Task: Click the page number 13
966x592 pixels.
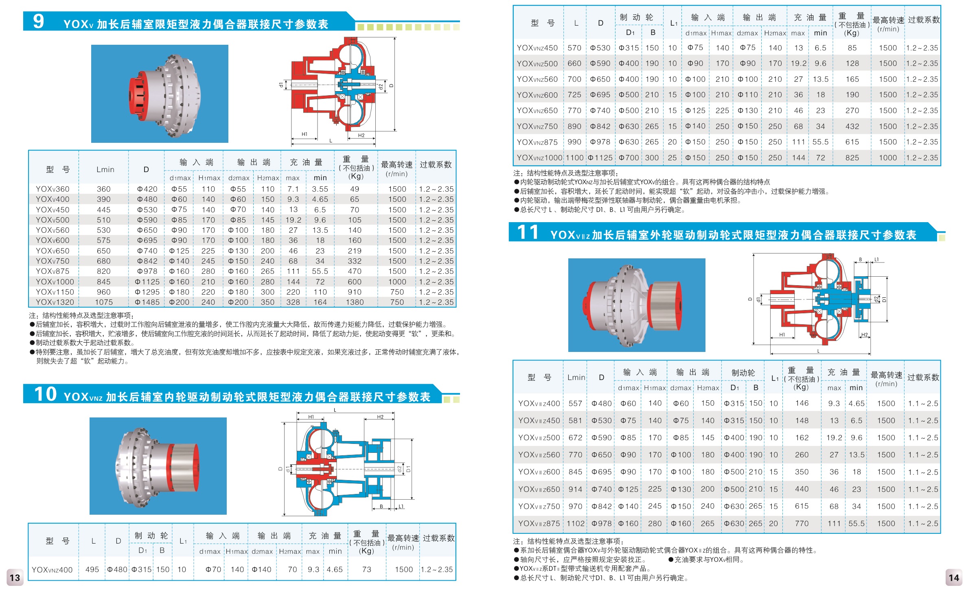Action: click(x=15, y=578)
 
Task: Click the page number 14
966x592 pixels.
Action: click(x=954, y=578)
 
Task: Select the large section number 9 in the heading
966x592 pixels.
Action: click(x=38, y=21)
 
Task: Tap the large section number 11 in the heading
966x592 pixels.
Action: click(x=528, y=232)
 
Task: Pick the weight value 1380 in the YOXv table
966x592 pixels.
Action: click(x=355, y=302)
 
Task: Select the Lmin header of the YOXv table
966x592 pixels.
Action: click(x=105, y=170)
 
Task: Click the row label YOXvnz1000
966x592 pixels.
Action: click(x=539, y=158)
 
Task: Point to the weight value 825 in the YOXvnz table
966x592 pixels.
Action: click(x=852, y=158)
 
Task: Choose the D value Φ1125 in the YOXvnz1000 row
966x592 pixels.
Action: click(x=600, y=158)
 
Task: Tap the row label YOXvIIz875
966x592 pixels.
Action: click(x=539, y=524)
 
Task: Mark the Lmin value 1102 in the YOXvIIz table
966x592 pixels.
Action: click(x=576, y=524)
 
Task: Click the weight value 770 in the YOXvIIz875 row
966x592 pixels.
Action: click(x=802, y=524)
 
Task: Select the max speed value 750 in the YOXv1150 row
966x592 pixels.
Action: click(x=397, y=292)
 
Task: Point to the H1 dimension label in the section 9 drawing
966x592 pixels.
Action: click(x=304, y=134)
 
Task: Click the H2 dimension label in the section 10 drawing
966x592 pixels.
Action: click(x=380, y=417)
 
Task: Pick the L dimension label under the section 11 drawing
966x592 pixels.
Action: click(x=818, y=351)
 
